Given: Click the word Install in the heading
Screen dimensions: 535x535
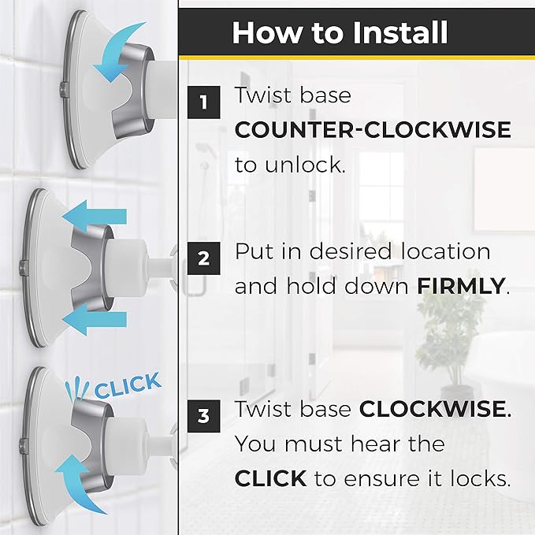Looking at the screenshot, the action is [400, 33].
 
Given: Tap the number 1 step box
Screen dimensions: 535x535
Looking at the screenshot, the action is [204, 102].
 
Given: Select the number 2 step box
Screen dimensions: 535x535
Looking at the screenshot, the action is [204, 258].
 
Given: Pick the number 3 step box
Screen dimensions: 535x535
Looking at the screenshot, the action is [204, 416].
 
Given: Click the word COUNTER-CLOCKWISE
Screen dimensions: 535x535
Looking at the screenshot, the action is [373, 130].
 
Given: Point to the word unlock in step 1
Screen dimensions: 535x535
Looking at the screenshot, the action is [305, 165].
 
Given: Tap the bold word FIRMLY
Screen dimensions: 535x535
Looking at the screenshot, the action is [461, 286].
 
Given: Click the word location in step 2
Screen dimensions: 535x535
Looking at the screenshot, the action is [446, 251].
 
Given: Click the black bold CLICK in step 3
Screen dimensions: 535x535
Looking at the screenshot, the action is [270, 478].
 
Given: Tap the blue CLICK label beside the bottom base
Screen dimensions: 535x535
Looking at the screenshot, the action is [128, 386].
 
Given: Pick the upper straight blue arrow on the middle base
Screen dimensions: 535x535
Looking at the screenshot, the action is [95, 217].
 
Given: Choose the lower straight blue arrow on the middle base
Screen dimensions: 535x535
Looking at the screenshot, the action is [95, 319].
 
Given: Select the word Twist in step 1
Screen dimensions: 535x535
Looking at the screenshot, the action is [263, 95].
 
